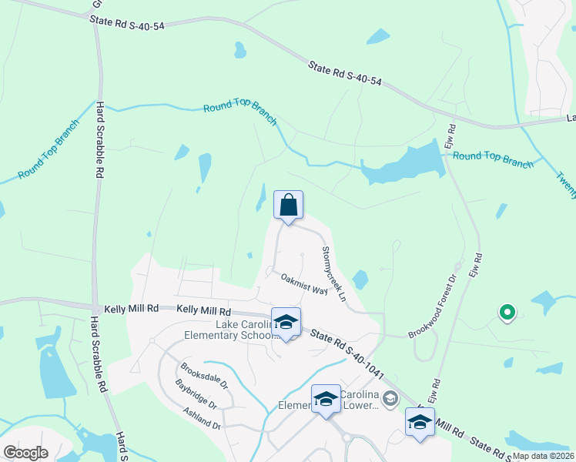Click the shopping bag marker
(x=289, y=206)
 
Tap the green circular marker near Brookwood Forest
(x=507, y=313)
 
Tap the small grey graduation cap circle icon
(x=390, y=398)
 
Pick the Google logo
(x=25, y=453)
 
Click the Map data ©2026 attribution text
(x=544, y=456)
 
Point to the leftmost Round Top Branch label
(x=49, y=149)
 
